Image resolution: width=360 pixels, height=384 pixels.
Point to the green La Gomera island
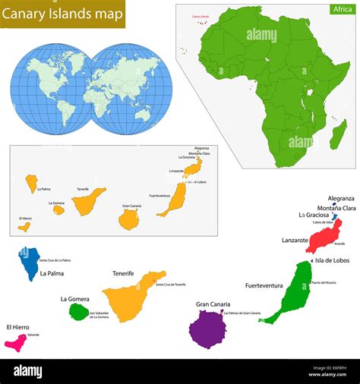point(78,311)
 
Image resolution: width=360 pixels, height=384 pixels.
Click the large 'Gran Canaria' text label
point(213,304)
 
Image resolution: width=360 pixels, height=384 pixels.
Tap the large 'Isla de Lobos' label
point(333,261)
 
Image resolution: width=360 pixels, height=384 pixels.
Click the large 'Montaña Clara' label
point(336,208)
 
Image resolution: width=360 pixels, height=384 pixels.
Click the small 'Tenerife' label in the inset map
point(83,188)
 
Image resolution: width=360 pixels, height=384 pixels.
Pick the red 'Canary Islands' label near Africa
point(201,15)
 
